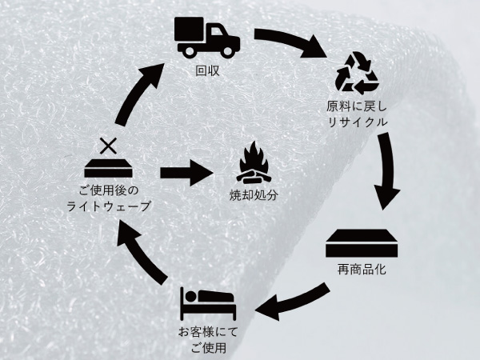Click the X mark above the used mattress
click(x=109, y=146)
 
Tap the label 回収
click(x=207, y=72)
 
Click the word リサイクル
click(x=357, y=122)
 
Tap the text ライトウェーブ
click(x=109, y=206)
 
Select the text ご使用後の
click(x=109, y=191)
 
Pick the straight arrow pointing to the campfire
click(x=186, y=172)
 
